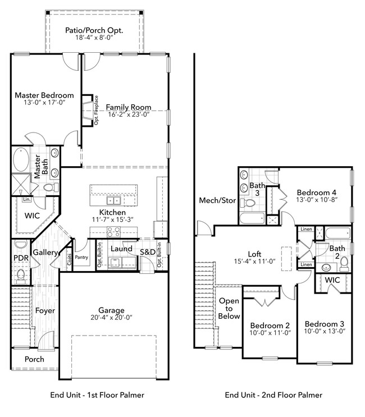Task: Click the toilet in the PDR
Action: coord(21,274)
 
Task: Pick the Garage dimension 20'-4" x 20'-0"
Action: coord(109,319)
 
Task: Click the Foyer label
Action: coord(45,310)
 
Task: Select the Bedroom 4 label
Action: coord(317,191)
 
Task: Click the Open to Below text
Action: coord(229,309)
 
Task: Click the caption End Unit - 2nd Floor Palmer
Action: coord(273,395)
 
